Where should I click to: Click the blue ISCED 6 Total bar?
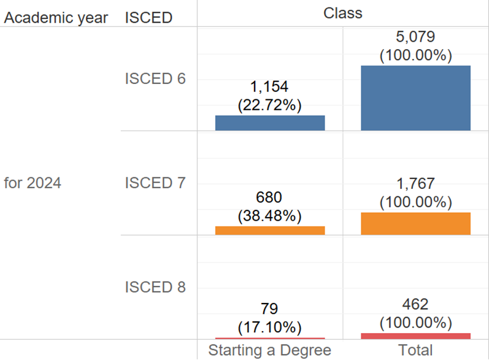tap(415, 98)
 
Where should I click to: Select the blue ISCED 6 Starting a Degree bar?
tap(270, 123)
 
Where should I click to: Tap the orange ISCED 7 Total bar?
tap(415, 223)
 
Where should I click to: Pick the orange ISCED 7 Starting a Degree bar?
tap(270, 231)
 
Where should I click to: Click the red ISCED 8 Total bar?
tap(415, 335)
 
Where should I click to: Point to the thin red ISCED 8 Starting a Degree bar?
tap(270, 338)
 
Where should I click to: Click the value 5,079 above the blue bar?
tap(415, 38)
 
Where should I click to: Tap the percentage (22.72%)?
tap(270, 105)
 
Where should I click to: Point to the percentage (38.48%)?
tap(270, 216)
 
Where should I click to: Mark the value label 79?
tap(270, 309)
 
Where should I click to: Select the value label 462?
tap(415, 305)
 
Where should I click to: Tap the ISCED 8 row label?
tap(155, 287)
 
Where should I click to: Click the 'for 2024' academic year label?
tap(33, 183)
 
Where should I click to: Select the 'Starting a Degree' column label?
tap(270, 351)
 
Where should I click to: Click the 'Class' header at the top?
tap(343, 12)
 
